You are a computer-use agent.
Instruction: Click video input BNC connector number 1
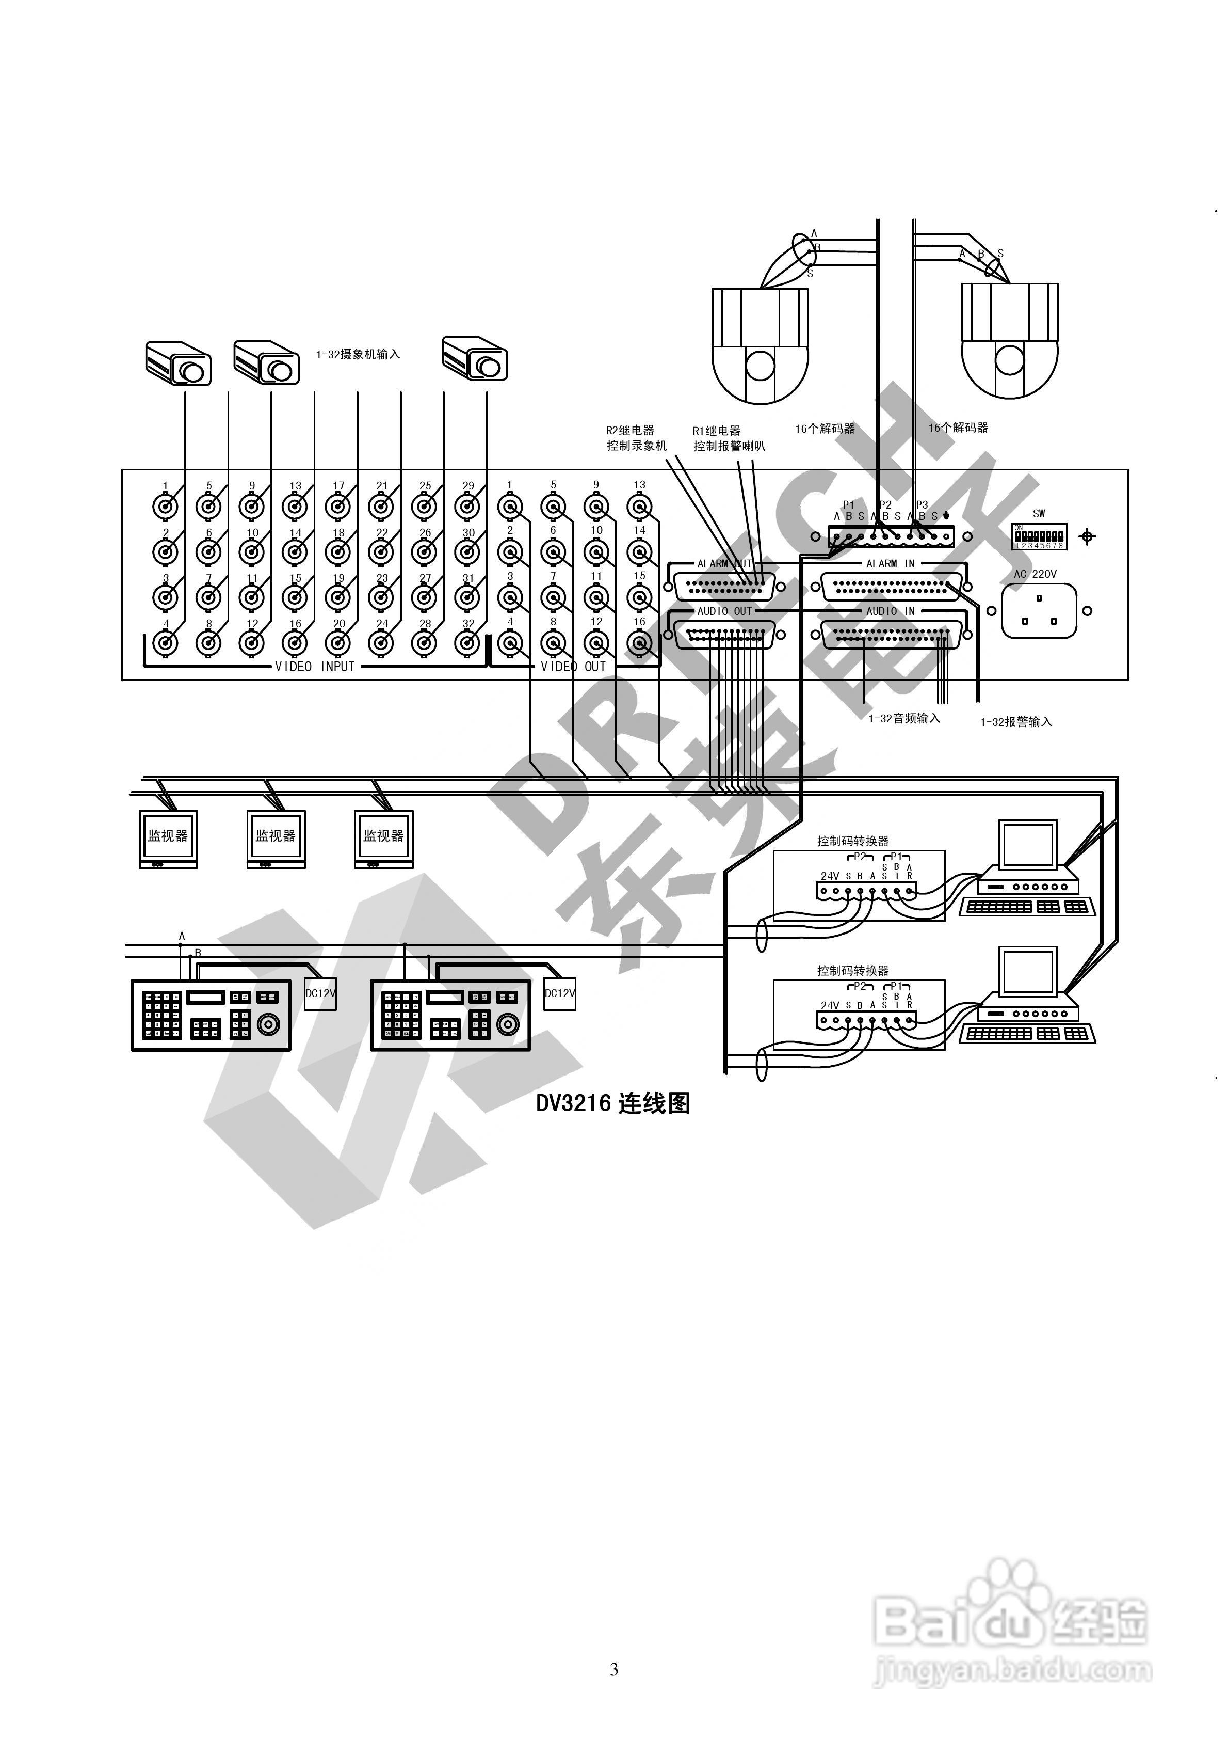point(166,505)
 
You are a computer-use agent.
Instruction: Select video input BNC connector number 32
point(468,643)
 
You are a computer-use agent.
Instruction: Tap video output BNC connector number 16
point(640,643)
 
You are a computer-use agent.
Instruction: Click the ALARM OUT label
point(724,563)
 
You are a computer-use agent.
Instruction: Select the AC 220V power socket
point(1039,610)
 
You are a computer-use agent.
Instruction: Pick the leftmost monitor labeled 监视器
point(168,837)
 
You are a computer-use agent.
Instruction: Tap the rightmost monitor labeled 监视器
point(384,837)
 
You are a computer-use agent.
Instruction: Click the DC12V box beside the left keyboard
point(320,993)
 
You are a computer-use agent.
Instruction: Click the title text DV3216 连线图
point(613,1103)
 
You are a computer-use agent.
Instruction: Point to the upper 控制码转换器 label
point(852,841)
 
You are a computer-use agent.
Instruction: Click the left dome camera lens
point(760,365)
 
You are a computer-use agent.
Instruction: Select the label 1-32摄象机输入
point(358,354)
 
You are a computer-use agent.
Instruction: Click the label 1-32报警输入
point(1016,722)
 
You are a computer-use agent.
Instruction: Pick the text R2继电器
point(630,430)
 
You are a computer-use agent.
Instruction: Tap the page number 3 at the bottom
point(613,1669)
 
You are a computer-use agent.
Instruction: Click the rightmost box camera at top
point(475,359)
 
